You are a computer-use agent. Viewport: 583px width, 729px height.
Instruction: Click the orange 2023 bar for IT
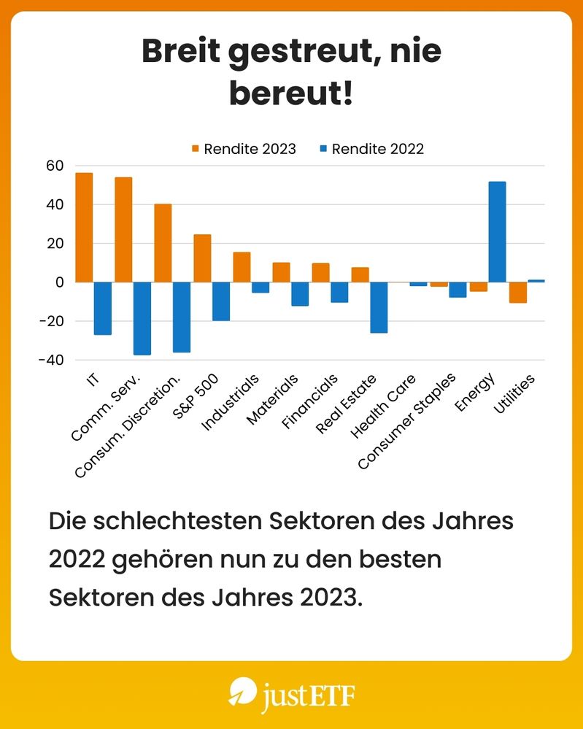coord(84,227)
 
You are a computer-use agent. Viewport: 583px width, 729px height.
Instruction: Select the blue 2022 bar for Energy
coord(497,231)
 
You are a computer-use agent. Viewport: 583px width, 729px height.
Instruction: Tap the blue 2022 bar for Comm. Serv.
coord(142,318)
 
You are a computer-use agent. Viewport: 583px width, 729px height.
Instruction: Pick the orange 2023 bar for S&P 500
coord(202,258)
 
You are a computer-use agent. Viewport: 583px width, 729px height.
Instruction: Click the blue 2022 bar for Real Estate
coord(379,307)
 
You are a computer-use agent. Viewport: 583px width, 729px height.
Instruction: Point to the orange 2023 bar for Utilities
coord(518,292)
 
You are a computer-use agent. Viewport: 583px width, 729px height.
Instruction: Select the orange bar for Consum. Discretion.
coord(163,243)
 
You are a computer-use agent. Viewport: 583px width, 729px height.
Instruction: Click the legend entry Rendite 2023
coord(244,149)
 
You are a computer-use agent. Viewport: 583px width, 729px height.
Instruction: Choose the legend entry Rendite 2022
coord(371,149)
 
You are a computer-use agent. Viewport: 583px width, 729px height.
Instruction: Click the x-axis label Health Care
coord(383,406)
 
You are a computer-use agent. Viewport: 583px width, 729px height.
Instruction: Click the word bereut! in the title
coord(291,94)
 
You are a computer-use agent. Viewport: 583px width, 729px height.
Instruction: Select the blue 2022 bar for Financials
coord(339,292)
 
